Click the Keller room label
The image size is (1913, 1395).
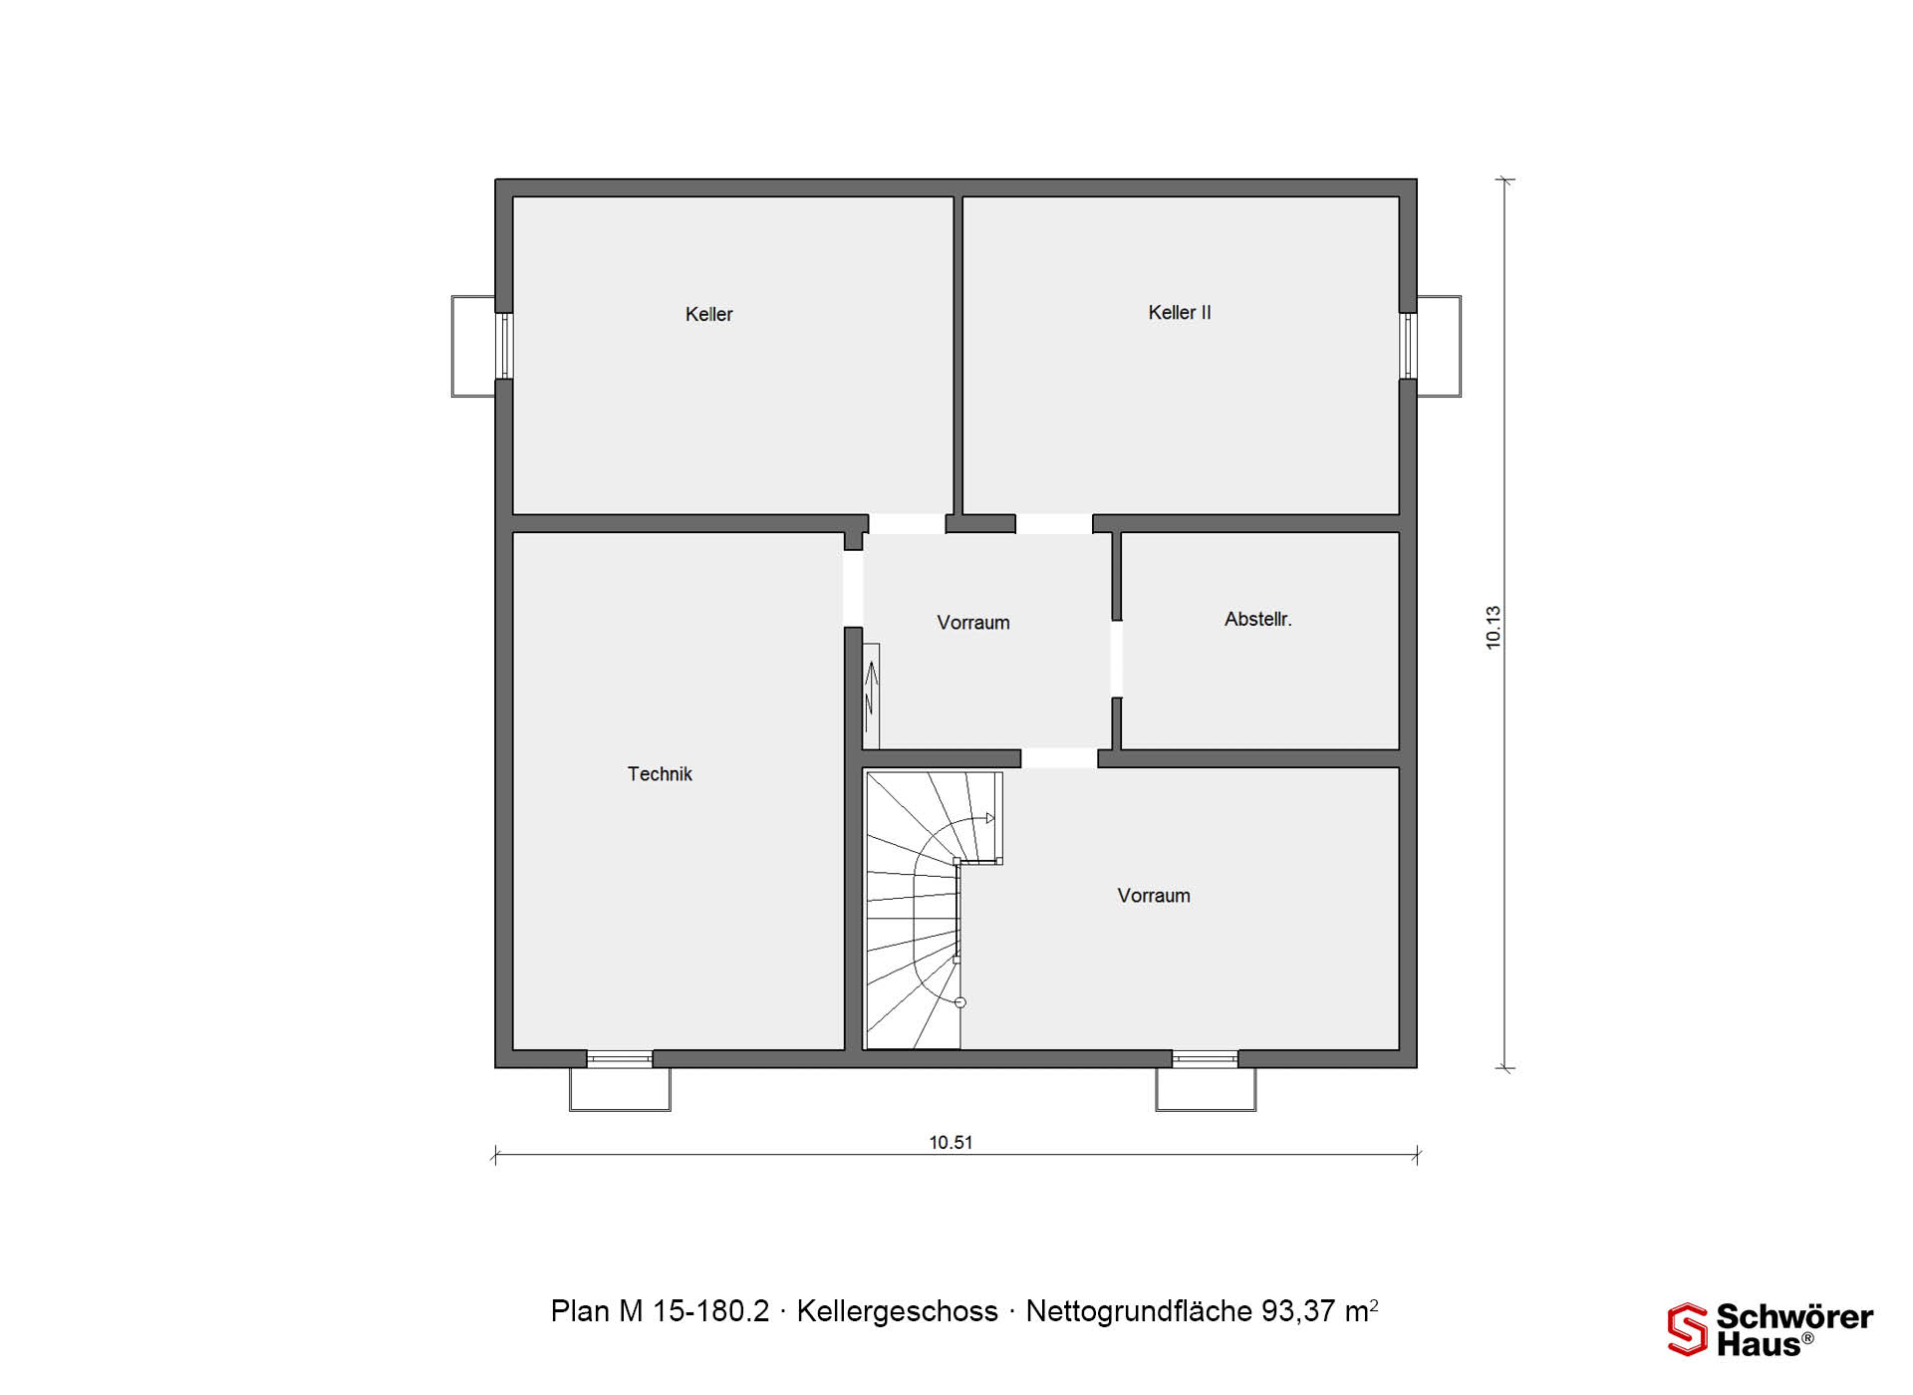click(x=708, y=314)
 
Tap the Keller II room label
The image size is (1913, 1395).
click(x=1180, y=312)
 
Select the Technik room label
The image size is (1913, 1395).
click(x=660, y=773)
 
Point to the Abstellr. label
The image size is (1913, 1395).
click(x=1257, y=619)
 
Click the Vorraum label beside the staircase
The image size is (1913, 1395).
click(x=1154, y=895)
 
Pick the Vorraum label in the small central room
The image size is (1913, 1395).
click(x=973, y=623)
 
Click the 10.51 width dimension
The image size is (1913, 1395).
click(x=951, y=1142)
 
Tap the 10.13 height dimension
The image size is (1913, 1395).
click(x=1493, y=628)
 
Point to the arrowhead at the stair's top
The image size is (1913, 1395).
click(x=989, y=818)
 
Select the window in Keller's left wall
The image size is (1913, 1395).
click(x=504, y=346)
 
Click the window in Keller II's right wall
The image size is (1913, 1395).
click(x=1408, y=346)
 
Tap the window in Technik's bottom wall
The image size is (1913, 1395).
click(x=620, y=1058)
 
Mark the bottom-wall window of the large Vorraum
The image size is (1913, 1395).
click(x=1205, y=1058)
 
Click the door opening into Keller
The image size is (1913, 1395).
click(x=907, y=524)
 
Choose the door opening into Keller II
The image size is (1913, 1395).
click(x=1054, y=524)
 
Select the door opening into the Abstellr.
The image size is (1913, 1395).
click(x=1117, y=659)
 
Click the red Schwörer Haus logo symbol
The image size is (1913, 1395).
click(x=1688, y=1329)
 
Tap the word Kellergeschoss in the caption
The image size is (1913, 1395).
click(x=897, y=1311)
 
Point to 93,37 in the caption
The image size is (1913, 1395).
click(x=1298, y=1311)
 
